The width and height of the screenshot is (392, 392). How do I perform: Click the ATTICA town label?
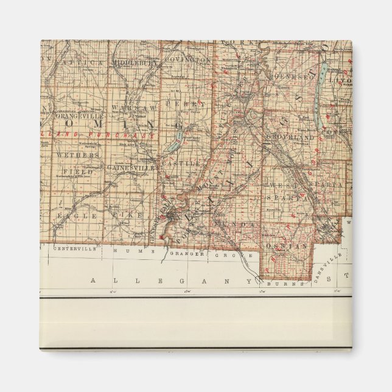tap(79, 62)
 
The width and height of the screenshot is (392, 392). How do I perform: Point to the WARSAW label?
tap(127, 108)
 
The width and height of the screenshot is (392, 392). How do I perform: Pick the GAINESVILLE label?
tap(127, 167)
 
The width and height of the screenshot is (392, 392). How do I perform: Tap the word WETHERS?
tap(77, 155)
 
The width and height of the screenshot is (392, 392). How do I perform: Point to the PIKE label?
tap(133, 215)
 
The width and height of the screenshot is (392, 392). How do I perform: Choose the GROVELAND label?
tap(296, 138)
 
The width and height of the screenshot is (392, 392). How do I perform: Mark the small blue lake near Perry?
tap(173, 144)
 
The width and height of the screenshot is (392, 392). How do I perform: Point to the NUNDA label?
tap(238, 224)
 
